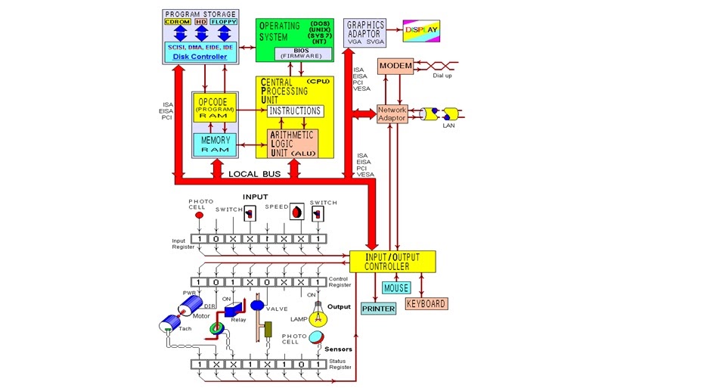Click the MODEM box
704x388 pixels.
coord(395,67)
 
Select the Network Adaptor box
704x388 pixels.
coord(392,114)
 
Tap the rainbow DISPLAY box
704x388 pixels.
coord(420,30)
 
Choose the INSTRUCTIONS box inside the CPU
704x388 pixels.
coord(295,111)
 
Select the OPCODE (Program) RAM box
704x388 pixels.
coord(215,107)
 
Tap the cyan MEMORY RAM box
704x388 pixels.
coord(215,144)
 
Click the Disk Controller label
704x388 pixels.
coord(200,57)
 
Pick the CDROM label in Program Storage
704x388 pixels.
coord(178,22)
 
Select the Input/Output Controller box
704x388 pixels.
coord(392,262)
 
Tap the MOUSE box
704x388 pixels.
coord(396,288)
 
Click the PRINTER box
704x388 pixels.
coord(378,309)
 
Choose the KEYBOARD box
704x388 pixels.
coord(426,304)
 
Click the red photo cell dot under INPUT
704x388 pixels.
coord(200,215)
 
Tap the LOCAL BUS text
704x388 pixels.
coord(255,174)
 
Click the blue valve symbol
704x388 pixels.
coord(257,306)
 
